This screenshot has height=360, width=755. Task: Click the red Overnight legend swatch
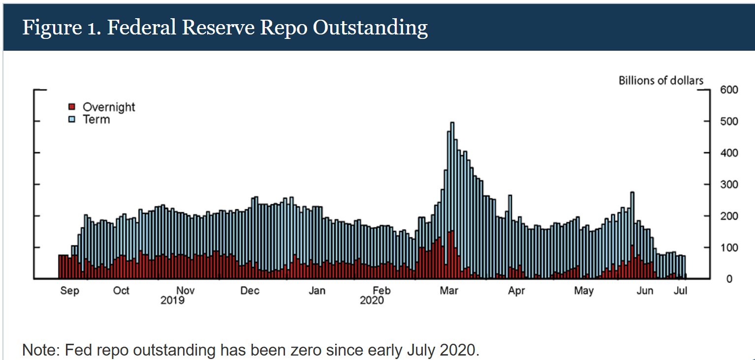71,107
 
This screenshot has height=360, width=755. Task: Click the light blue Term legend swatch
71,119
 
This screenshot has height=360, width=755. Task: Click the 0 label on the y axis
729,279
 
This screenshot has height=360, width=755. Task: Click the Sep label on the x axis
69,291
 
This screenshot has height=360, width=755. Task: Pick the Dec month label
250,291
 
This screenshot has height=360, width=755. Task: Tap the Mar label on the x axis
449,291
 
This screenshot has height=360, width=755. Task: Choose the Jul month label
681,291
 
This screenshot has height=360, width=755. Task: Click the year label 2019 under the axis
172,300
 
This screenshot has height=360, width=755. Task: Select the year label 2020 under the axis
372,300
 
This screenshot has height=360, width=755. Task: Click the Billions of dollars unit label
661,80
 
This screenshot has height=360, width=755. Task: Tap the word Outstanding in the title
370,28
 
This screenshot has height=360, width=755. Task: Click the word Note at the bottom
39,351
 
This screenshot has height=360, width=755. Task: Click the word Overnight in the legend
109,107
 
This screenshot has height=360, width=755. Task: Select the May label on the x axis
584,291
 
